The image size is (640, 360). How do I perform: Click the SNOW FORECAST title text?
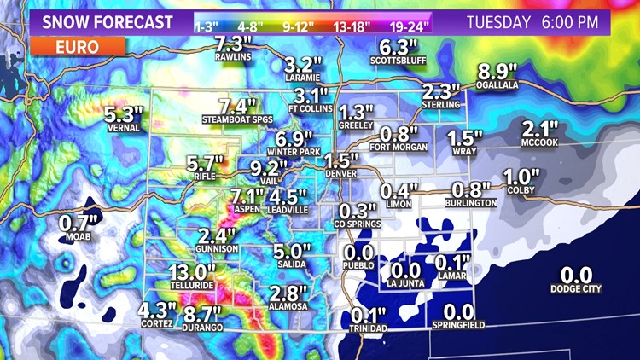point(100,21)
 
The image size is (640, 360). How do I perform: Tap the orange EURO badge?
point(77,48)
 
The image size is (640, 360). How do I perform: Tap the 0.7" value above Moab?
point(78,224)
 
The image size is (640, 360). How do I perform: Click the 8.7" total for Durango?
point(203,314)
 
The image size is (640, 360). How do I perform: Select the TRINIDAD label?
point(368,328)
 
